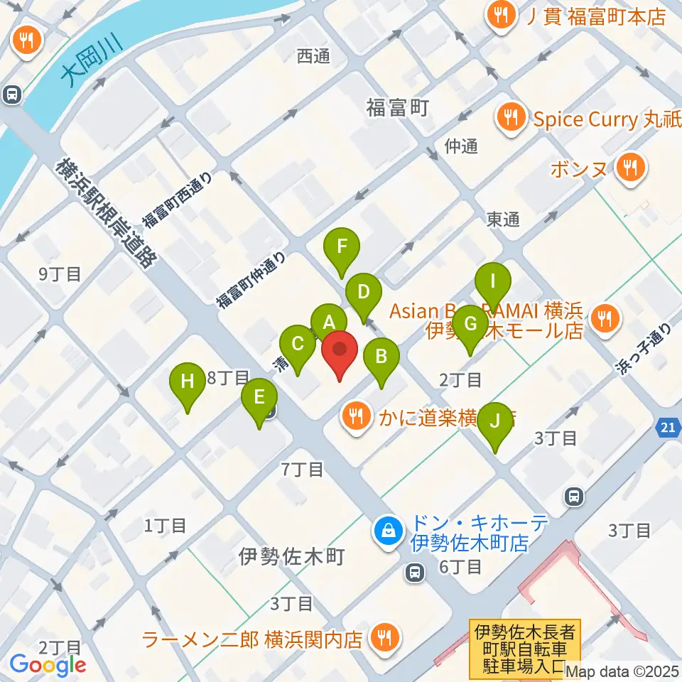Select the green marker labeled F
[342, 247]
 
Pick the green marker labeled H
[187, 381]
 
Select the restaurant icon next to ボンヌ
[629, 169]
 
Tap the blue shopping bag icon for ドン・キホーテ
[389, 529]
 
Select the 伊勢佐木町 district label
[291, 556]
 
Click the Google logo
[48, 665]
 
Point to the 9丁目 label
[60, 274]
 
